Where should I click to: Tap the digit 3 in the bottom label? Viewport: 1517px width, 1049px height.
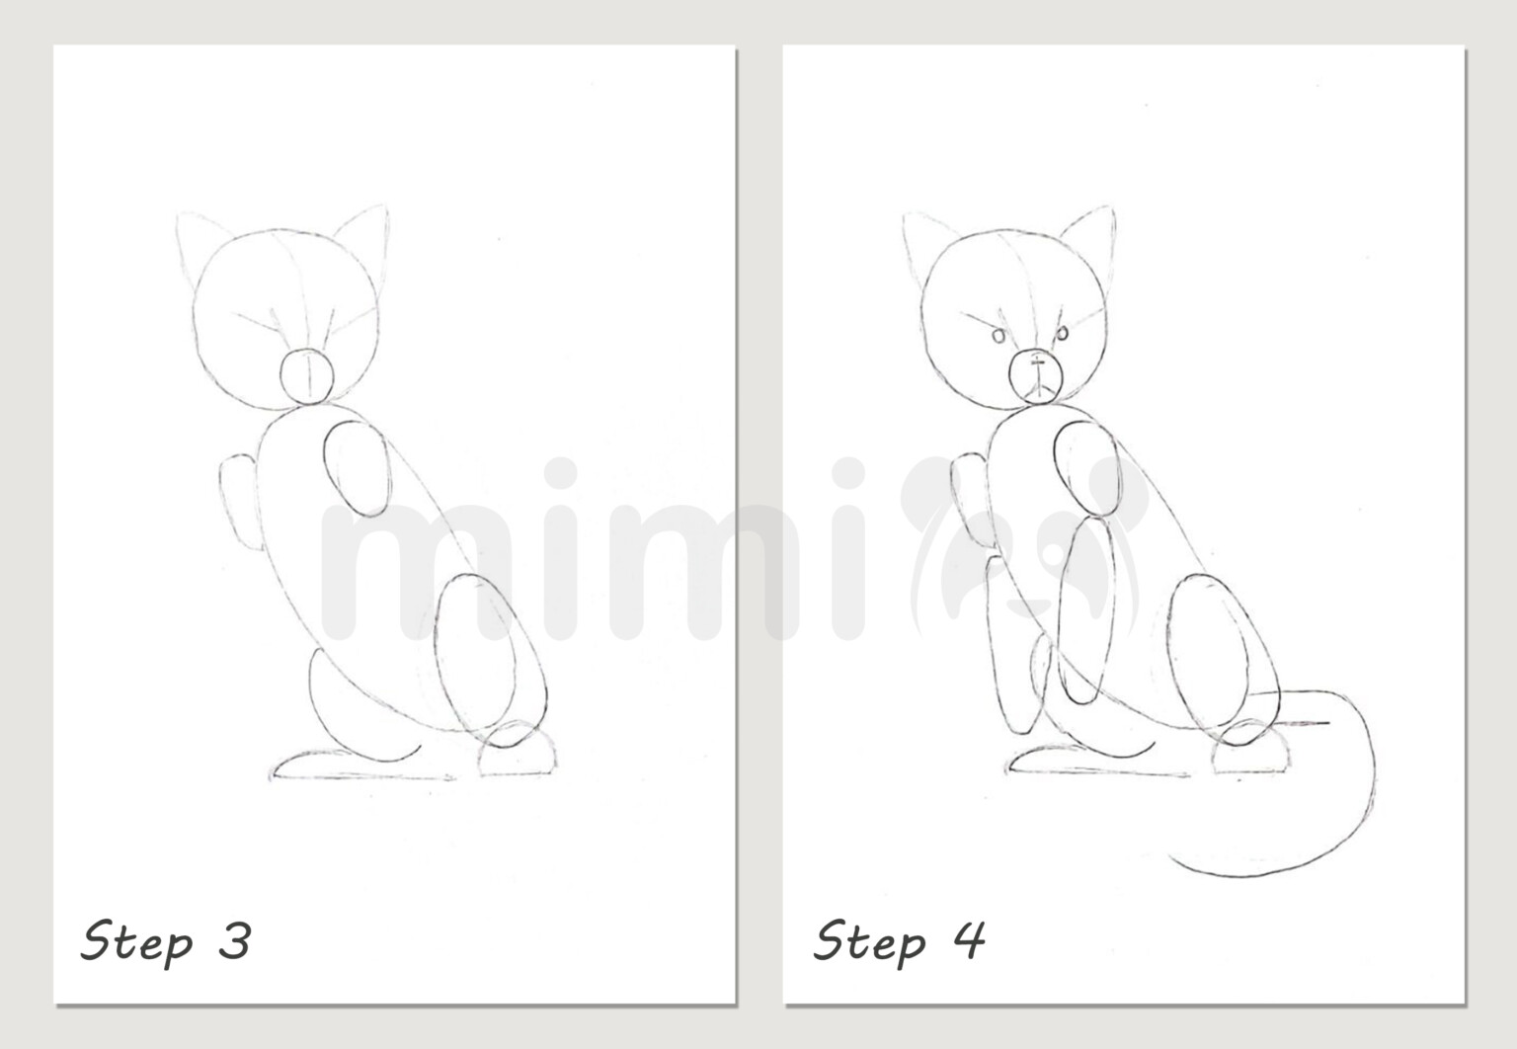pos(235,940)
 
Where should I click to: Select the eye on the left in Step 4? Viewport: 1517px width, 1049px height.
pos(998,337)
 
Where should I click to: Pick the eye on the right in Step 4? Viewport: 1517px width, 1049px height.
pos(1062,335)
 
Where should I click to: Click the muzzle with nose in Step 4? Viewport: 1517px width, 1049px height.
pos(1035,375)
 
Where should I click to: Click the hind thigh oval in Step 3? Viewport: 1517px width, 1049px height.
pos(490,657)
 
